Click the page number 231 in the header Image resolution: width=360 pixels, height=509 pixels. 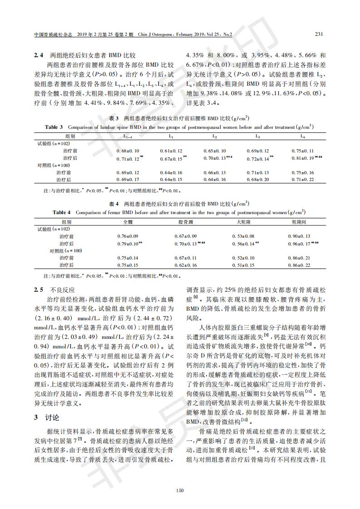click(x=319, y=34)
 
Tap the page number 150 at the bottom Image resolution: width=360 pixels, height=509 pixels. click(x=180, y=490)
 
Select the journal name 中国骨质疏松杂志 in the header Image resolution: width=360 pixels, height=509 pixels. click(x=53, y=34)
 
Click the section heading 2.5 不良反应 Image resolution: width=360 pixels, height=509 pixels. click(x=54, y=289)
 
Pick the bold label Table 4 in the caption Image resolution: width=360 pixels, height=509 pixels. click(x=62, y=212)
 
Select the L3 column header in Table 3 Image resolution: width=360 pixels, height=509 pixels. click(x=257, y=136)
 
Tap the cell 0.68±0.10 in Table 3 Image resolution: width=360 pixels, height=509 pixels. click(x=128, y=150)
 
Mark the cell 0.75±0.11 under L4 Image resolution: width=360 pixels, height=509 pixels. click(x=302, y=150)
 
